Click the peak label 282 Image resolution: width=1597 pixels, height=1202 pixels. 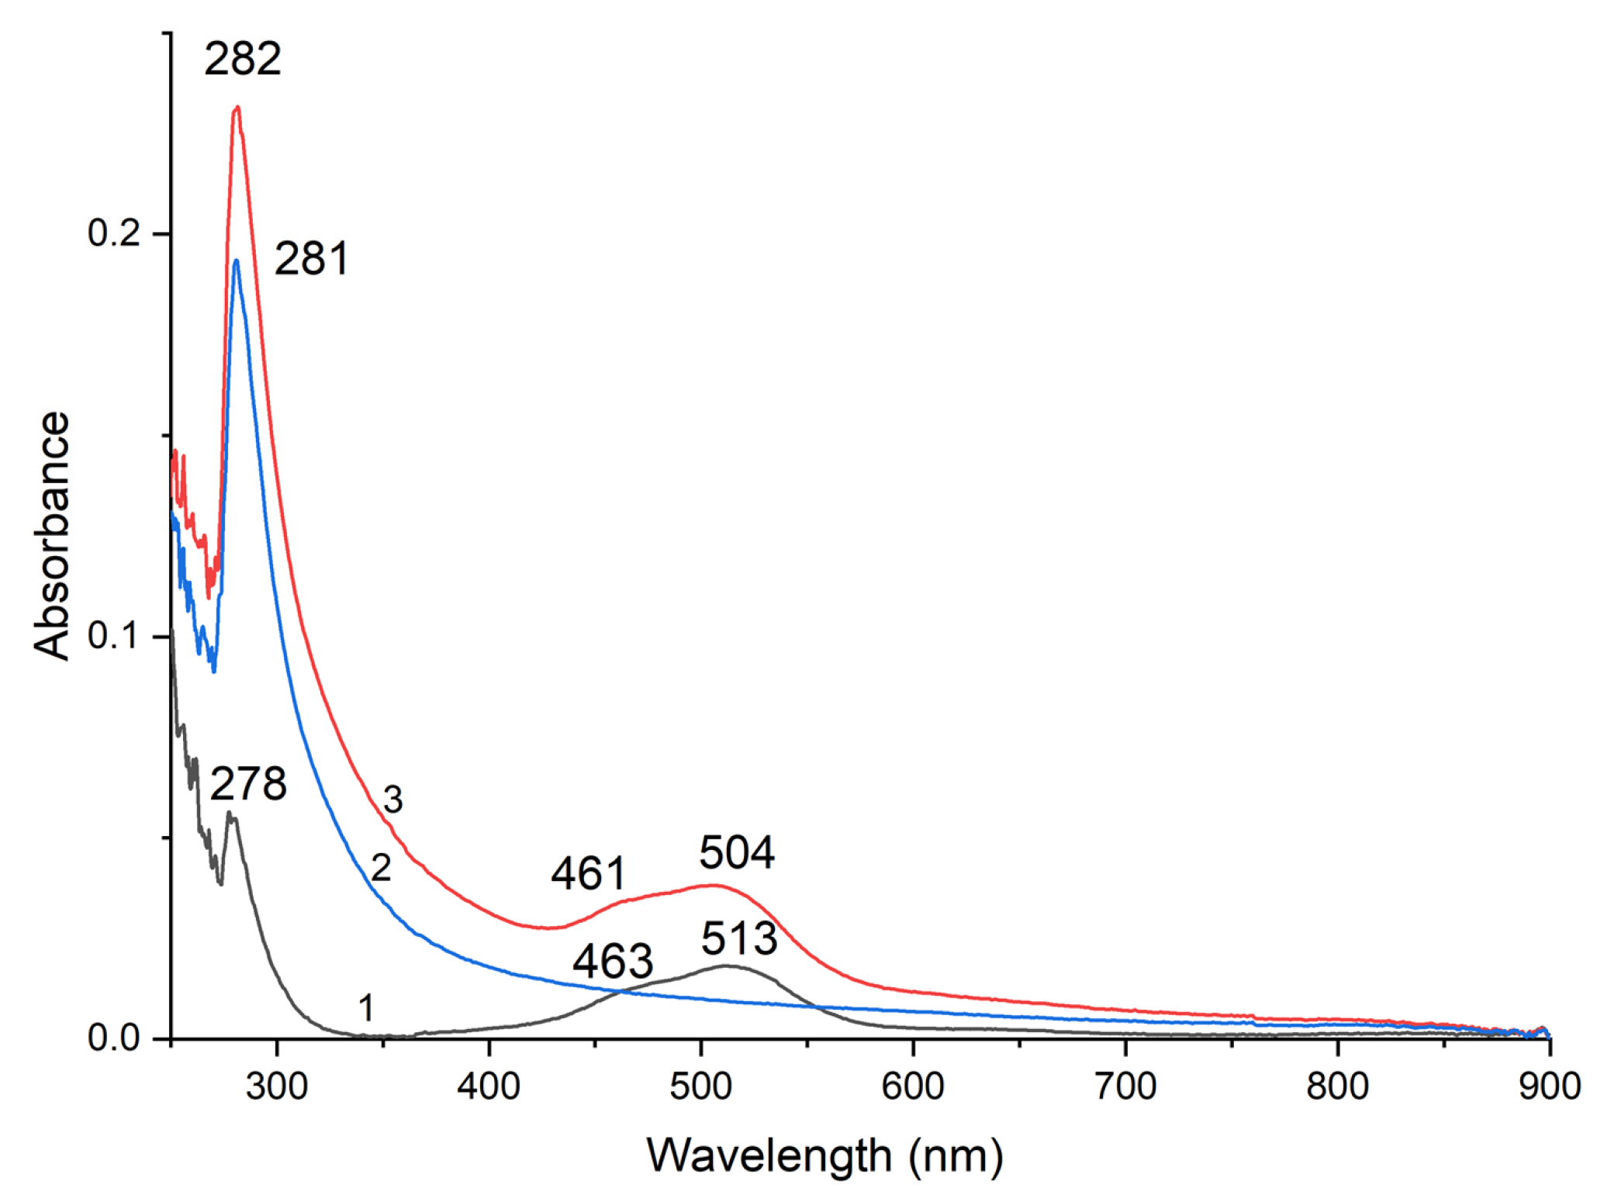[242, 60]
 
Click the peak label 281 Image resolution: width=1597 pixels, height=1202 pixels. [311, 259]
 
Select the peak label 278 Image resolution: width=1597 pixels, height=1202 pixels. [248, 784]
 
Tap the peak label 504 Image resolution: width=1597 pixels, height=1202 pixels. [736, 853]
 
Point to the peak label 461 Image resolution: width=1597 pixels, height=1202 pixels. [588, 874]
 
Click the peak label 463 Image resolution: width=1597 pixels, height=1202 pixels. [613, 962]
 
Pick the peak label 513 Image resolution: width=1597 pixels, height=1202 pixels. [738, 939]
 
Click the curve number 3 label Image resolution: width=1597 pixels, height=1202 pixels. [393, 800]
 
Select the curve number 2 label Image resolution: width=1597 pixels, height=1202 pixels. [380, 868]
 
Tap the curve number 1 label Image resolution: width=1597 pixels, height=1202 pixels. [366, 1008]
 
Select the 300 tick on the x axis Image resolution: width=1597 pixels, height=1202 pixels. [277, 1086]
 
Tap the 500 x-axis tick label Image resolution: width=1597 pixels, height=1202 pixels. [701, 1086]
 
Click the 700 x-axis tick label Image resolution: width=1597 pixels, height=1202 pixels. [1125, 1086]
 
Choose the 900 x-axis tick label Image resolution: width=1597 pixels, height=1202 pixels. [1549, 1086]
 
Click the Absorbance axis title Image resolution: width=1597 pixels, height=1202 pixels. [52, 536]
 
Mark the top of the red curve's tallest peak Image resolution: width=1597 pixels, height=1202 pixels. [237, 108]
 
